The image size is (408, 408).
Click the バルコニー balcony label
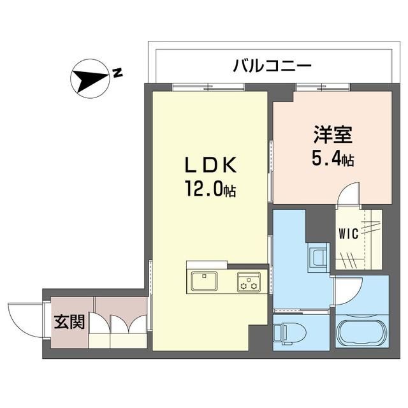[272, 65]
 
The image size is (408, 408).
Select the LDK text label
[211, 165]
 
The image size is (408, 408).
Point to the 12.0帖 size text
[210, 189]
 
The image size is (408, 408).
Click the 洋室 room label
[333, 135]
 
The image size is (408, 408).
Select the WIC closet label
[348, 234]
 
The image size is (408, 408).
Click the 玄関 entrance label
[69, 322]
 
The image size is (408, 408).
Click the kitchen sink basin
[205, 281]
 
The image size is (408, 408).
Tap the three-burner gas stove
[249, 281]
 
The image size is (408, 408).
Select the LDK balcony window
[208, 87]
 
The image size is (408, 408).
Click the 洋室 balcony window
[323, 87]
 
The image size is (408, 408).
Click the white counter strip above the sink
[207, 264]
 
